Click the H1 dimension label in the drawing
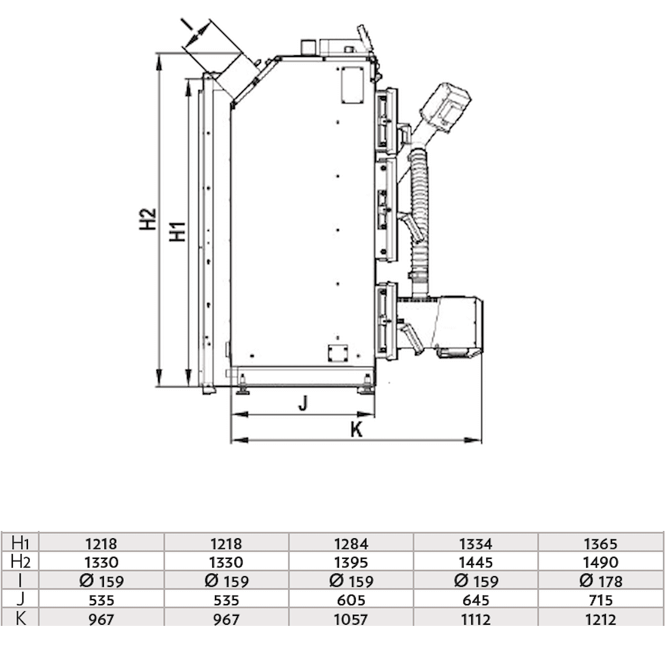point(178,231)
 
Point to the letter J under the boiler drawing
point(303,403)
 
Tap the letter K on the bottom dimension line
point(356,430)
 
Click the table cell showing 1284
point(351,543)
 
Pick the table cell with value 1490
point(601,562)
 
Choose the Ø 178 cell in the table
point(601,581)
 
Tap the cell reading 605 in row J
point(351,600)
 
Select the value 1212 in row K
point(601,619)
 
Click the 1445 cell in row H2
point(476,562)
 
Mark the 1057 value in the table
point(351,619)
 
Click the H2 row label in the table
point(20,562)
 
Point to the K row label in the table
point(20,619)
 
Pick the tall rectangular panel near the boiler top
point(353,85)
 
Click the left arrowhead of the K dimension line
point(234,441)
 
